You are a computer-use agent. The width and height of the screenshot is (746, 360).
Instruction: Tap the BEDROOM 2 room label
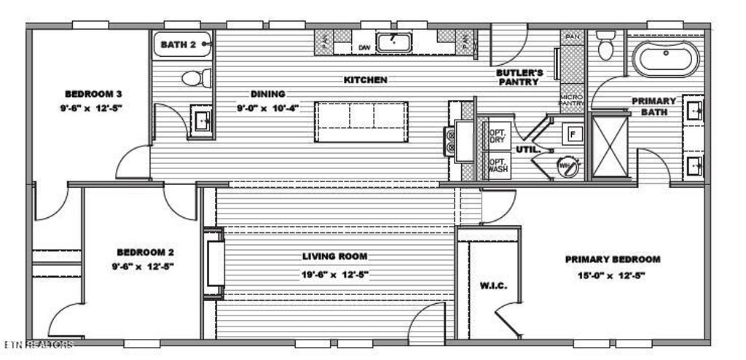pyautogui.click(x=143, y=252)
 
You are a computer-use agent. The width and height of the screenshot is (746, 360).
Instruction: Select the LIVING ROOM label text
pyautogui.click(x=335, y=257)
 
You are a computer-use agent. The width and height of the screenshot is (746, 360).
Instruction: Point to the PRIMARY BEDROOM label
pyautogui.click(x=613, y=259)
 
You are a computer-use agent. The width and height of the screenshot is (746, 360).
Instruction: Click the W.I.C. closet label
pyautogui.click(x=493, y=285)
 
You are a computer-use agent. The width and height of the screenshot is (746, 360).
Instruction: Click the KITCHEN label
pyautogui.click(x=365, y=80)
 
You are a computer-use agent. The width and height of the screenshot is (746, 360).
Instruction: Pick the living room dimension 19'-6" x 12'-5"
pyautogui.click(x=335, y=275)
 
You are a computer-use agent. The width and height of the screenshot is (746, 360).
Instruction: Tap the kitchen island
pyautogui.click(x=361, y=122)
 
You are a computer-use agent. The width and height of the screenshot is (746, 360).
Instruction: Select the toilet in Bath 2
pyautogui.click(x=195, y=78)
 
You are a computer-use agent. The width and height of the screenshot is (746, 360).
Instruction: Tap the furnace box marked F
pyautogui.click(x=572, y=134)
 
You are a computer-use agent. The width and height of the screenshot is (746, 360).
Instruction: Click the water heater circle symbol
pyautogui.click(x=566, y=166)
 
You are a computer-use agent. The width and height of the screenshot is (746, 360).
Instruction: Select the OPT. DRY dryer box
pyautogui.click(x=497, y=134)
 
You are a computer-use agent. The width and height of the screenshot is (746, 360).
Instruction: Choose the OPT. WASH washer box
pyautogui.click(x=497, y=165)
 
